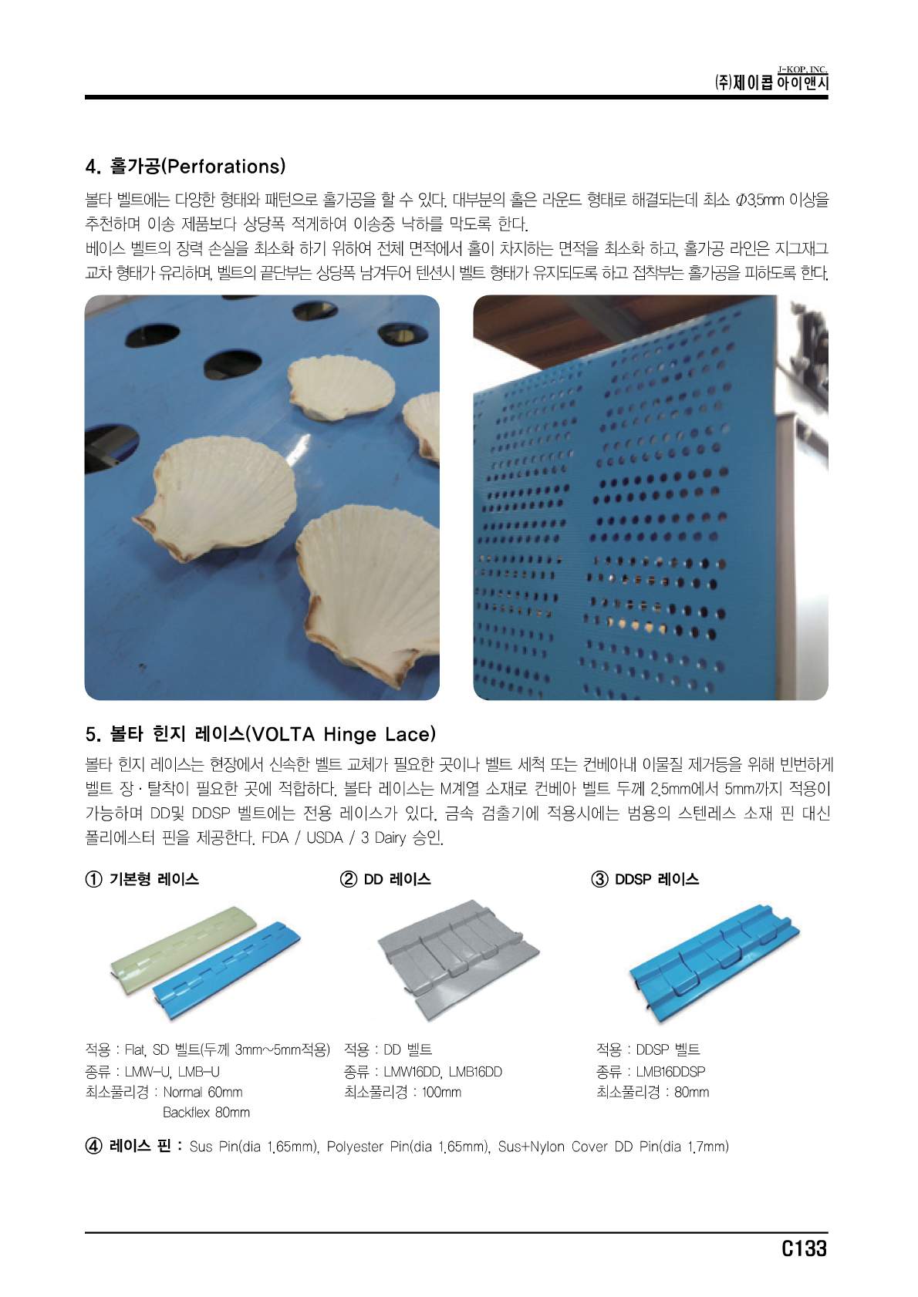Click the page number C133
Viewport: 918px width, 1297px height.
803,1248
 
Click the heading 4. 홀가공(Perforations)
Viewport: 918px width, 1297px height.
185,167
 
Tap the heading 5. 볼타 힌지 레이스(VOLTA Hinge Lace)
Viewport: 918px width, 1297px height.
261,733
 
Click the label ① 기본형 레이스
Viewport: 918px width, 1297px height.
143,879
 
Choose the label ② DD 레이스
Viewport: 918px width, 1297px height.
386,879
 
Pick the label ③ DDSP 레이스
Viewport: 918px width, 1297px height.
645,879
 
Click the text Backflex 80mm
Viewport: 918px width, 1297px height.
206,1113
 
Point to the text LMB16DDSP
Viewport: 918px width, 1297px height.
670,1072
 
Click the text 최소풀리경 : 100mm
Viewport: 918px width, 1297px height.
402,1092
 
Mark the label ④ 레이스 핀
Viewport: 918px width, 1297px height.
133,1146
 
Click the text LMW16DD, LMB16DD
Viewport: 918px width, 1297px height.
442,1072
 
